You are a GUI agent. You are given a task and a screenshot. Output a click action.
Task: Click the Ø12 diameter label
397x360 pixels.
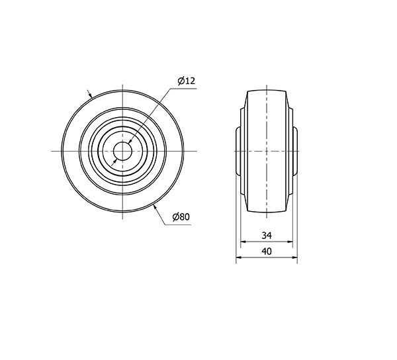(187, 81)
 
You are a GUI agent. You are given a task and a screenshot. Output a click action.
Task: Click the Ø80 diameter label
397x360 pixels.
(181, 216)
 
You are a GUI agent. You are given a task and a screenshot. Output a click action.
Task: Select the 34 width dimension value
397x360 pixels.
(267, 236)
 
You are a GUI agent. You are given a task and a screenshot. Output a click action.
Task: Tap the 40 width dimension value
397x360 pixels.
(267, 251)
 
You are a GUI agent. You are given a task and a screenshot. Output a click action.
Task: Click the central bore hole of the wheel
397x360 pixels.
(122, 151)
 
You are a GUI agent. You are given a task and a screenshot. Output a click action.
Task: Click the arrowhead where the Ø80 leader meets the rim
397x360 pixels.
(155, 208)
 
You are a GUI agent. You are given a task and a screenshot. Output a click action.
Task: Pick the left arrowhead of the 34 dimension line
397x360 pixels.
(243, 242)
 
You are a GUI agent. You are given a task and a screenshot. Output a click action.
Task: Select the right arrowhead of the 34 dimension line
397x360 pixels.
(290, 242)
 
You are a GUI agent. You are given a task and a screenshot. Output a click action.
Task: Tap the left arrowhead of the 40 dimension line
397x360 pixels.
(239, 257)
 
